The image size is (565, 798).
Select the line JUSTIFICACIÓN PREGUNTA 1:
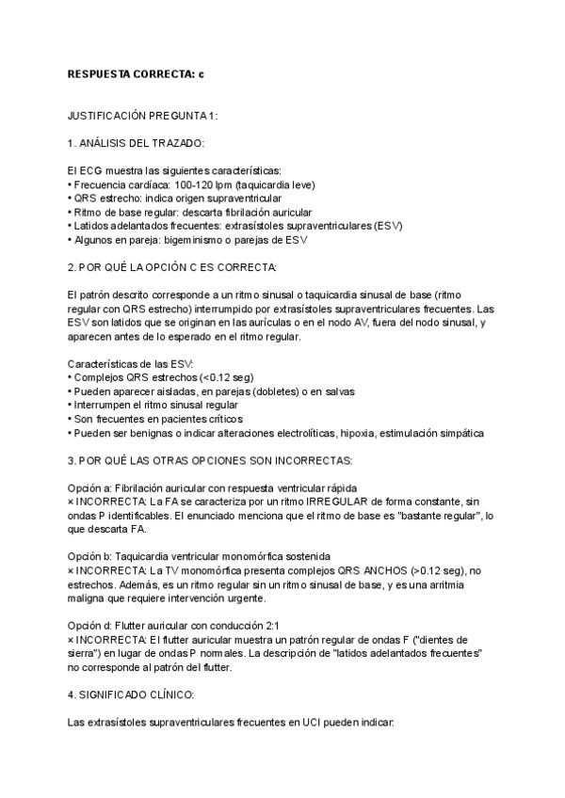pyautogui.click(x=143, y=115)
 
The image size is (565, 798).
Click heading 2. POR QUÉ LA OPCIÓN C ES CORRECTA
pyautogui.click(x=172, y=267)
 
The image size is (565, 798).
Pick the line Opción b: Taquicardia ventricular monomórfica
pyautogui.click(x=198, y=558)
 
